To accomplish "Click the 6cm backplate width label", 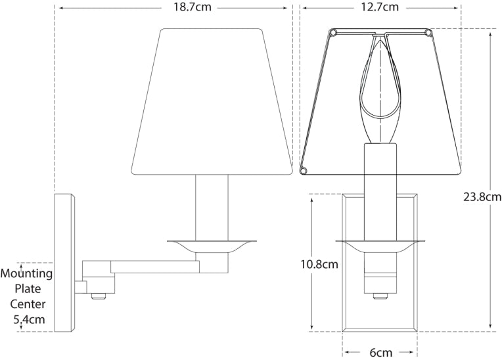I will tap(380, 352).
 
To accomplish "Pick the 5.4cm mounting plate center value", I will tap(30, 320).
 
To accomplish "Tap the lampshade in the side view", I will tap(211, 102).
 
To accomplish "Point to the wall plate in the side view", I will tap(64, 263).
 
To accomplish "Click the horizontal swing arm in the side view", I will tap(154, 266).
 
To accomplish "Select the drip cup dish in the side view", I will tap(211, 244).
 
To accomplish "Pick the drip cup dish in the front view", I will tap(380, 246).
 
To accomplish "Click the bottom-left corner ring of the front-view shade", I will tap(304, 171).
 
